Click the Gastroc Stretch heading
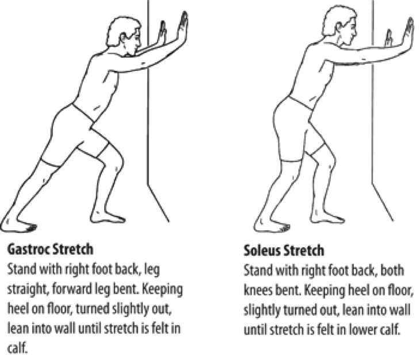[x=51, y=249]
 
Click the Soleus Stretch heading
[x=284, y=251]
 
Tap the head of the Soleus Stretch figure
[x=340, y=25]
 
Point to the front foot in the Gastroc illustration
[x=108, y=217]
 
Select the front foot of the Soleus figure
[x=327, y=217]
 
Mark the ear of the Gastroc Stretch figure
[x=123, y=37]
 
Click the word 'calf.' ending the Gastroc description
[x=17, y=348]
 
